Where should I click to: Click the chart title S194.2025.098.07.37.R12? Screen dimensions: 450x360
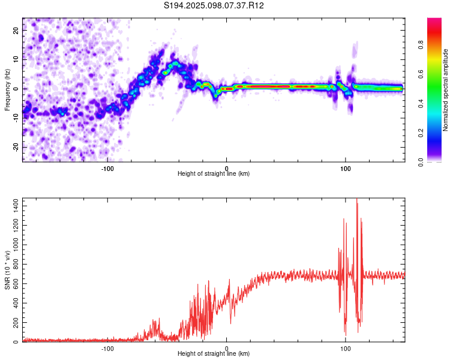click(x=214, y=5)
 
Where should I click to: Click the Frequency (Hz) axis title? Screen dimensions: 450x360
click(x=7, y=90)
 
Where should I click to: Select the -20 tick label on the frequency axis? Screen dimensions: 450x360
click(x=16, y=148)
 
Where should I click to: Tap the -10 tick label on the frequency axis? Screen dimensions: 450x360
click(x=16, y=118)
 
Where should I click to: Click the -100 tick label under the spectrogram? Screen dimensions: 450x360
click(x=107, y=169)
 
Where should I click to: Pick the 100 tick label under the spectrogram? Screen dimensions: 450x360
click(x=345, y=169)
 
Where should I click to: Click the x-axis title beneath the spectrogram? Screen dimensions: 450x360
click(x=214, y=173)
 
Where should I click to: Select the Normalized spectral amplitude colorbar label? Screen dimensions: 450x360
click(x=445, y=90)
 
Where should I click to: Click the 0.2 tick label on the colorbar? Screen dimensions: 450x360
click(x=421, y=133)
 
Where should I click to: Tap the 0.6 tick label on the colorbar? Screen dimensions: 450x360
click(x=421, y=74)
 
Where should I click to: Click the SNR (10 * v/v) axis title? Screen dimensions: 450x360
click(x=7, y=270)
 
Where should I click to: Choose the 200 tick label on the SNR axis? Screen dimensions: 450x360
click(x=16, y=322)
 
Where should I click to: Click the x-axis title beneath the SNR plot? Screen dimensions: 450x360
click(x=214, y=353)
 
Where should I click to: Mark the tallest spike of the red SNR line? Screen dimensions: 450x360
click(x=357, y=199)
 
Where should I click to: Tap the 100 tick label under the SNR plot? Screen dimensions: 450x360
click(x=345, y=349)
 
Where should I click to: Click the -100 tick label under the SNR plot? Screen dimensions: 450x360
click(x=107, y=349)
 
